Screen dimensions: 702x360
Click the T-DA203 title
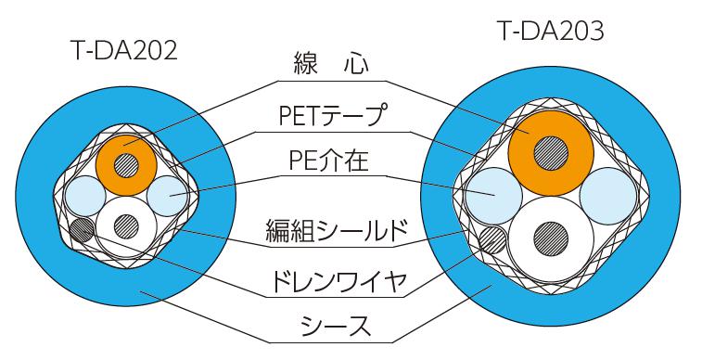551,33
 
